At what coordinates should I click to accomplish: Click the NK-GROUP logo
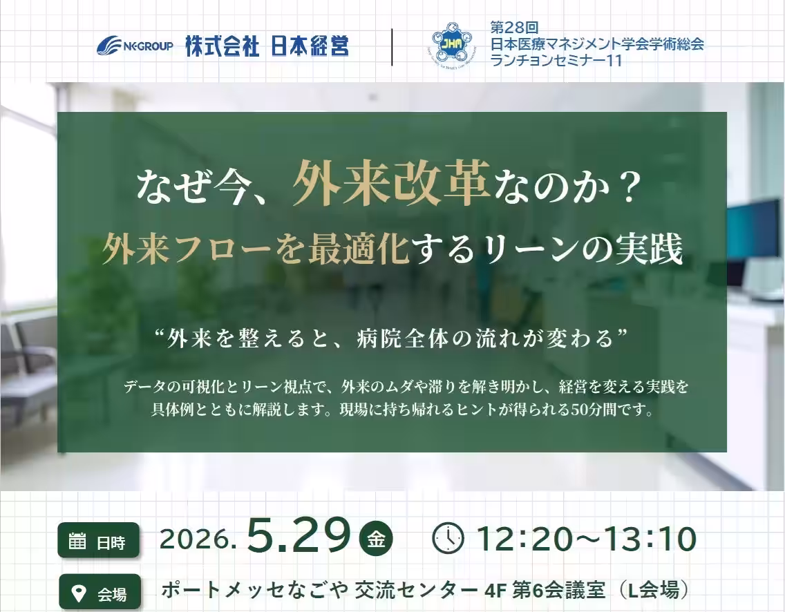pyautogui.click(x=135, y=46)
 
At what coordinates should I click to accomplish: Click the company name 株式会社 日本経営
pyautogui.click(x=267, y=46)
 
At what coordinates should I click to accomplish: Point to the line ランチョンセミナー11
pyautogui.click(x=556, y=61)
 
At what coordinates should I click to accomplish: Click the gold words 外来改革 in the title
pyautogui.click(x=391, y=184)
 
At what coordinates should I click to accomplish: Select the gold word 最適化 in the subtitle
pyautogui.click(x=359, y=249)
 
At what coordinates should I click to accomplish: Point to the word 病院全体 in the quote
pyautogui.click(x=395, y=338)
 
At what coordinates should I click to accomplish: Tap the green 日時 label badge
pyautogui.click(x=99, y=540)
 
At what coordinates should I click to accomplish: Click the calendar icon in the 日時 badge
pyautogui.click(x=77, y=541)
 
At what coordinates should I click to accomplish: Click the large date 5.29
pyautogui.click(x=299, y=535)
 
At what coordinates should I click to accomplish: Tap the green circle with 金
pyautogui.click(x=376, y=539)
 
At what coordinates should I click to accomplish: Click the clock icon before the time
pyautogui.click(x=448, y=538)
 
